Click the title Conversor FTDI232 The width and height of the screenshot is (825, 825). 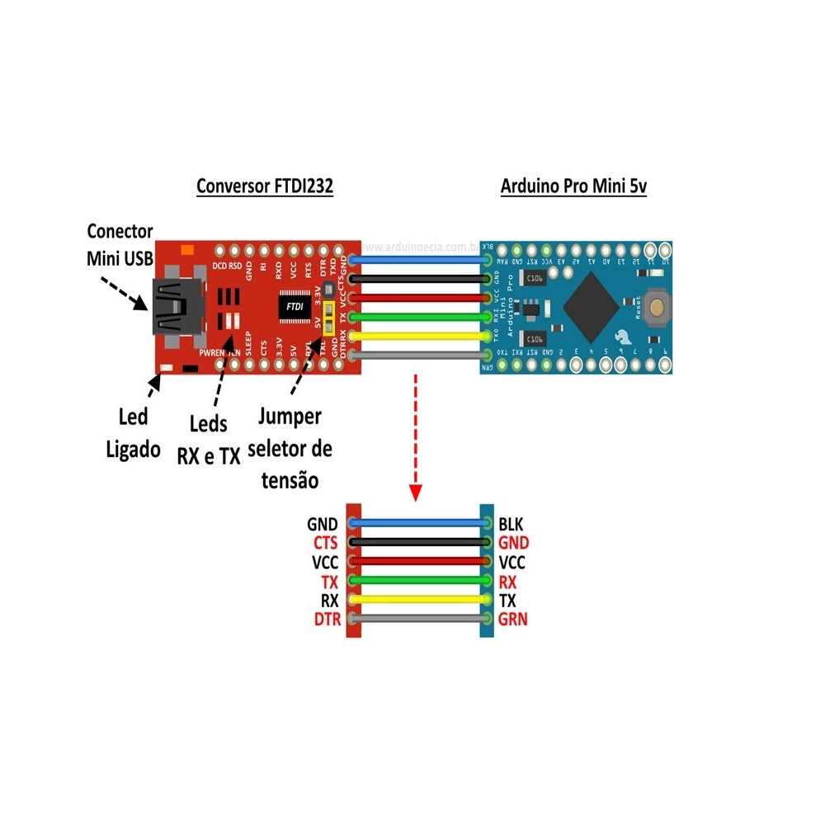coord(265,186)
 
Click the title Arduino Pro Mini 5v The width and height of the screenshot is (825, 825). coord(573,186)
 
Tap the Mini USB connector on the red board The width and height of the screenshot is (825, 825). coord(176,308)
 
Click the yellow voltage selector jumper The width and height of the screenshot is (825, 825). coord(328,317)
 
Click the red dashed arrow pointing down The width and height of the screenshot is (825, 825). coord(415,437)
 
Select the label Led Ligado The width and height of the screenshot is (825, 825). coord(132,432)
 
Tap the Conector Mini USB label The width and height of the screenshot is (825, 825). coord(120,245)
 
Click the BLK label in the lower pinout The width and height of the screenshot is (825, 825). coord(511,524)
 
